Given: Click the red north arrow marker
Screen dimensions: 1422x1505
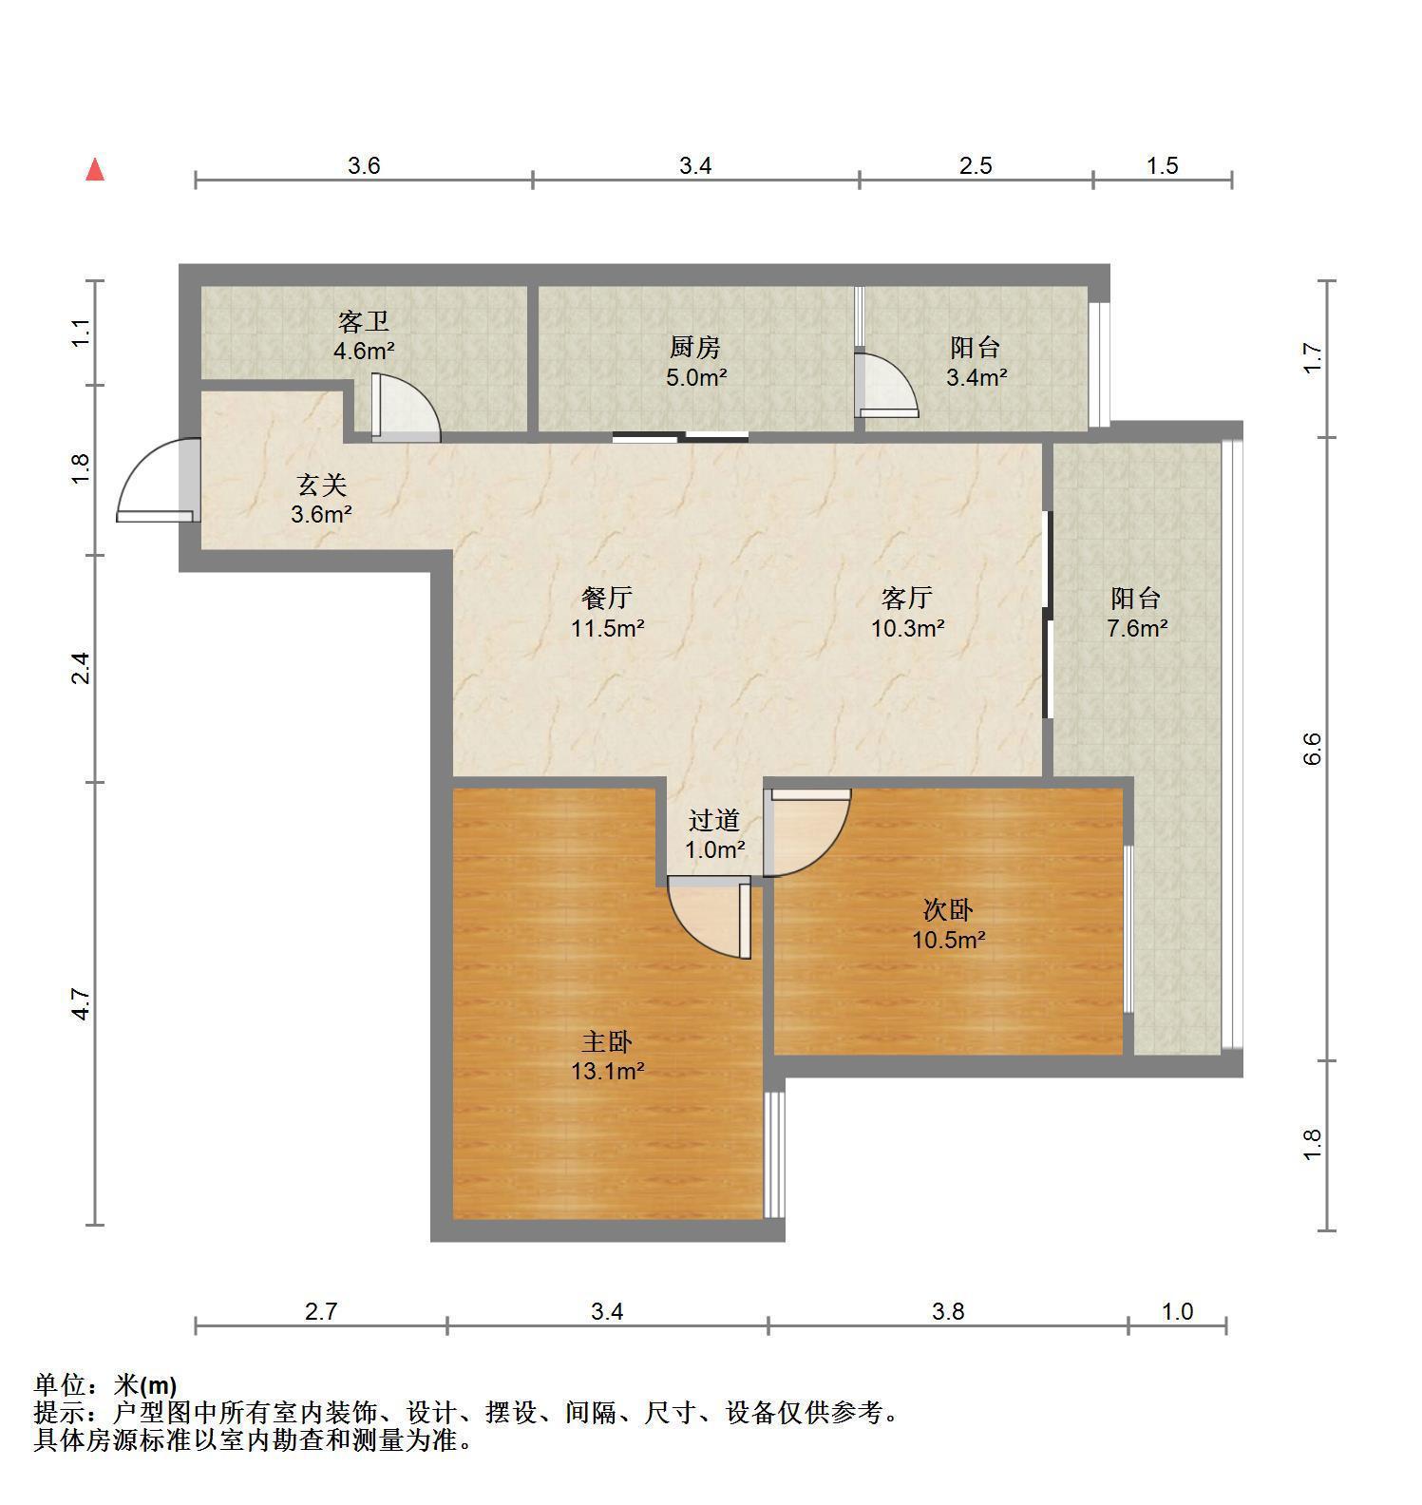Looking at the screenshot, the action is point(95,170).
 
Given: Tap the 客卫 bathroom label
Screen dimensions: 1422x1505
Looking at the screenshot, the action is point(363,321).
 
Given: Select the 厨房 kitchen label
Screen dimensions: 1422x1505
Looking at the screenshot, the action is point(695,348).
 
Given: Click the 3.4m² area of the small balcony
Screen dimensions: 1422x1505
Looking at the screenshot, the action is point(976,377).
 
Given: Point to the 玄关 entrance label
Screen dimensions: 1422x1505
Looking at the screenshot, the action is point(322,486).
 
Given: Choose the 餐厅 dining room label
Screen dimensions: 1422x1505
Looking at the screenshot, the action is point(607,598).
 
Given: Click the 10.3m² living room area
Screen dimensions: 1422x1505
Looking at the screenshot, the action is point(908,628).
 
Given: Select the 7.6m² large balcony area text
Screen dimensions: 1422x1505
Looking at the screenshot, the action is point(1137,628).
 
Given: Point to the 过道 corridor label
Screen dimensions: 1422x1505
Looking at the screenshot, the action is point(714,819).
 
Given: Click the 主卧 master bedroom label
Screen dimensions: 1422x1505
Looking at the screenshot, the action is point(607,1042).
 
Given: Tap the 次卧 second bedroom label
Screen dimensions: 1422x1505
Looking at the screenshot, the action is point(948,910).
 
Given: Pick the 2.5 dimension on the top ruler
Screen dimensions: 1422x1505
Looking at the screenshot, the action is point(976,166).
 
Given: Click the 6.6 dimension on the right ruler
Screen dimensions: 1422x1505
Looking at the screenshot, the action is point(1313,749).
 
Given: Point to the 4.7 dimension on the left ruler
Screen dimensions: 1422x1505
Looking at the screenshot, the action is point(82,1004).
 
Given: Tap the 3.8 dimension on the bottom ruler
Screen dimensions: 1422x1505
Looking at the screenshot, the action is point(948,1312).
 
